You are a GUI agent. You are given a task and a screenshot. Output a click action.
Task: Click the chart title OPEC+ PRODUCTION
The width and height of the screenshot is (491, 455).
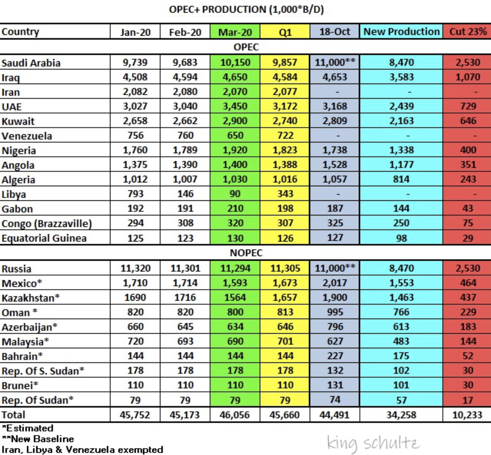(x=217, y=10)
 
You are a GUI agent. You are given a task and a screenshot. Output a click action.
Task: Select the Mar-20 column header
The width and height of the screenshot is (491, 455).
(x=235, y=32)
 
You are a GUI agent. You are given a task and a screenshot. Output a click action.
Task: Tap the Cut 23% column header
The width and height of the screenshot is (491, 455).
(x=468, y=31)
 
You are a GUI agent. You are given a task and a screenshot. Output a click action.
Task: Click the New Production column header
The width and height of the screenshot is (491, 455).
(x=401, y=31)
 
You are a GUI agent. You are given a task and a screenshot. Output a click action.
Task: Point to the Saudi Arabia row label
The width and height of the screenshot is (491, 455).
(x=31, y=63)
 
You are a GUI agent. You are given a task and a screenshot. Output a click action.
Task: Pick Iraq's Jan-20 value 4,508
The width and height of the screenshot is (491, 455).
(x=135, y=77)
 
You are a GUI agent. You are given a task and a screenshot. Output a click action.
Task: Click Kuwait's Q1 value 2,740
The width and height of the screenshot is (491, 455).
(x=285, y=121)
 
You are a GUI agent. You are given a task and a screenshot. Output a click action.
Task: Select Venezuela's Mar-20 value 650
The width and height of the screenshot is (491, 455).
(x=235, y=135)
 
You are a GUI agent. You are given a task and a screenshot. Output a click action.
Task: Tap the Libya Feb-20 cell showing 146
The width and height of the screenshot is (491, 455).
(x=185, y=194)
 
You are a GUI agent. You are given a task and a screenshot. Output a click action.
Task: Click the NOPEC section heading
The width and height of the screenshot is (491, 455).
(x=246, y=253)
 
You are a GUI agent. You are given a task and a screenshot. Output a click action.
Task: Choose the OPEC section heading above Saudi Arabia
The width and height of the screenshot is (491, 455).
(x=246, y=47)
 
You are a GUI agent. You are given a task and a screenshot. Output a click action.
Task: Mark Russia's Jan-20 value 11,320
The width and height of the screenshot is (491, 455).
(x=135, y=268)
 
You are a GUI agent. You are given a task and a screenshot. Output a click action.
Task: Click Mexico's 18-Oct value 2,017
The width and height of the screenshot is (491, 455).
(x=335, y=283)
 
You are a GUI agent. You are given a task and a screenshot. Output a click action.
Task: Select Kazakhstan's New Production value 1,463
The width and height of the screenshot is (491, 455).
(x=401, y=297)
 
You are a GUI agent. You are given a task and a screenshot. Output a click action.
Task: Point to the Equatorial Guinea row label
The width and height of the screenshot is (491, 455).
(x=44, y=238)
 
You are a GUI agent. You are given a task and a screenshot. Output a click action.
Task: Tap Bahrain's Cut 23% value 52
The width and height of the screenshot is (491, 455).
(x=468, y=356)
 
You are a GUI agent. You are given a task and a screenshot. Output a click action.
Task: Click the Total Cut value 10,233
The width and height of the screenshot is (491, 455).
(x=467, y=415)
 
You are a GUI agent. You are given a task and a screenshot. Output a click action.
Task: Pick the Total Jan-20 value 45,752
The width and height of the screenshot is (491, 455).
(x=135, y=415)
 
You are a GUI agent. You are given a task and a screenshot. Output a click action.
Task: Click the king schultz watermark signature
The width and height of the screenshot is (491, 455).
(x=373, y=443)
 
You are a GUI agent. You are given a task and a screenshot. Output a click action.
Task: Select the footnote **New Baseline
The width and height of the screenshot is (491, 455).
(x=38, y=439)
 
